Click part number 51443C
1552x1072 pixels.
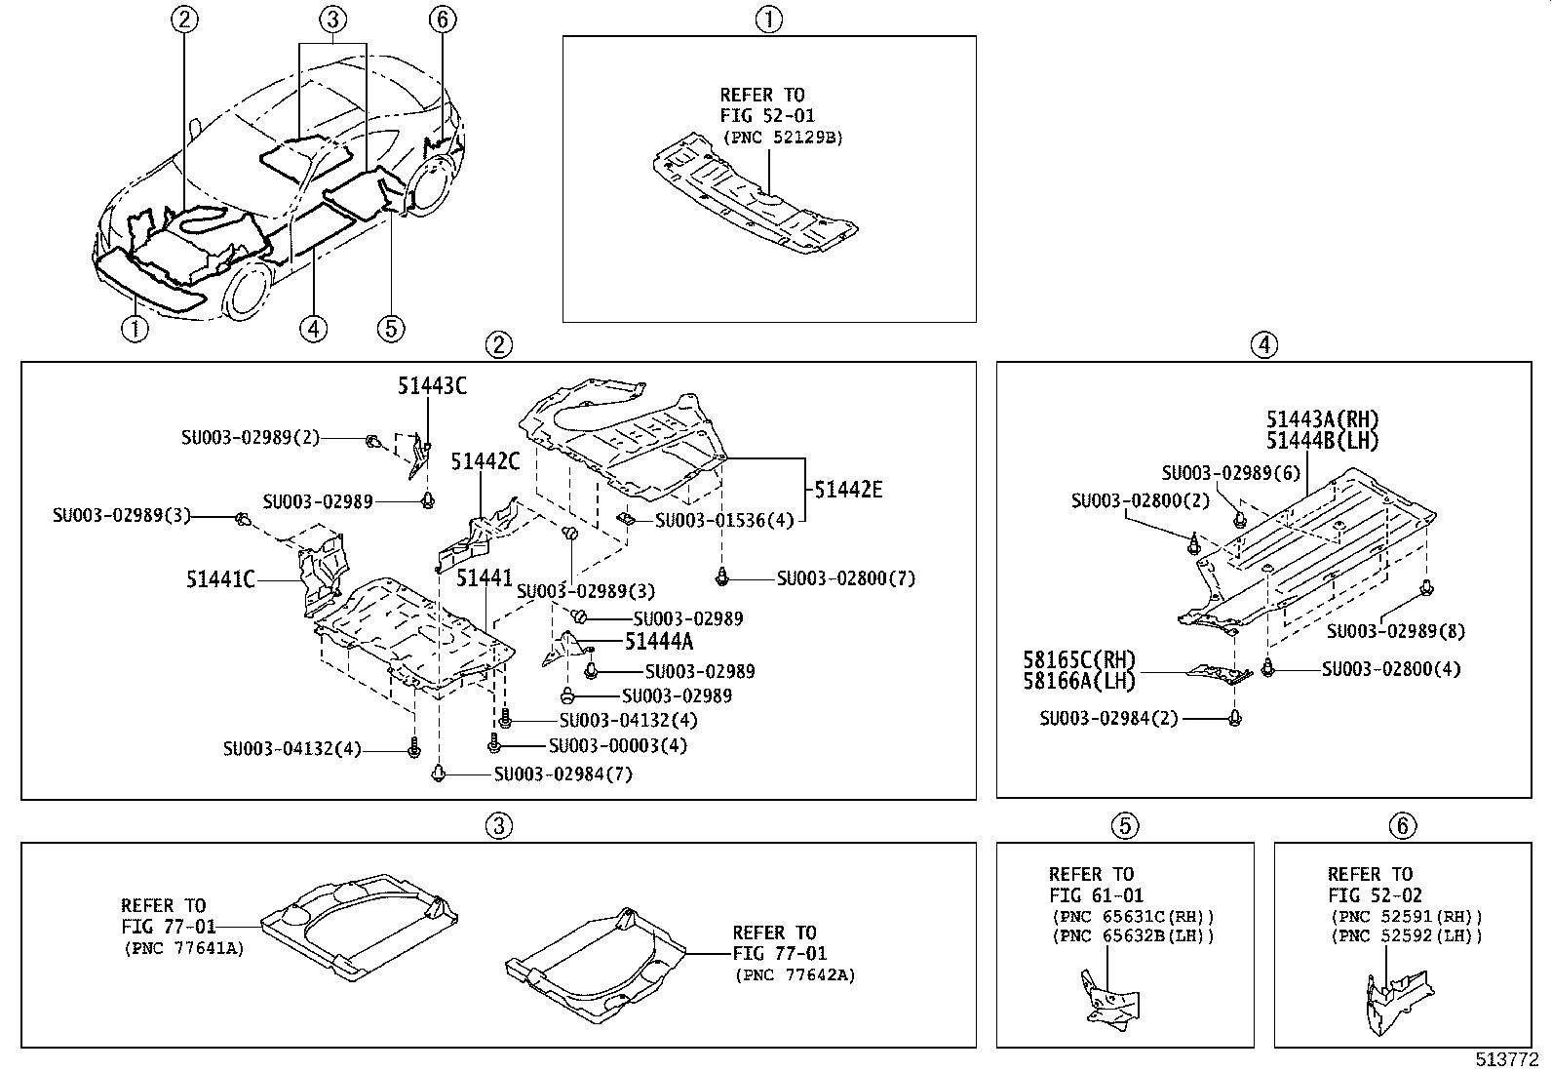tap(431, 386)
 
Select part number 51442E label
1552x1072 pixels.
tap(848, 490)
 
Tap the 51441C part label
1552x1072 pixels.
tap(220, 579)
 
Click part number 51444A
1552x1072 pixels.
tap(659, 641)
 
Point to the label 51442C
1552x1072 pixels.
tap(485, 461)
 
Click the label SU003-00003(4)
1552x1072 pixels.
tap(617, 745)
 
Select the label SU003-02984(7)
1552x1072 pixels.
tap(563, 774)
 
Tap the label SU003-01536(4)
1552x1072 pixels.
tap(724, 521)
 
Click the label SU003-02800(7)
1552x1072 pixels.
tap(845, 578)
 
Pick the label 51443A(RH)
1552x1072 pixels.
tap(1323, 419)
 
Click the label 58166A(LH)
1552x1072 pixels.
tap(1079, 681)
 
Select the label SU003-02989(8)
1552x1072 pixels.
tap(1395, 631)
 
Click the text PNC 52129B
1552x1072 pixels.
tap(782, 138)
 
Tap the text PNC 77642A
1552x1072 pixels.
tap(794, 974)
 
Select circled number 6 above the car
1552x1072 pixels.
tap(442, 19)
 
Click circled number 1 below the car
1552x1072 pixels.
tap(135, 329)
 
